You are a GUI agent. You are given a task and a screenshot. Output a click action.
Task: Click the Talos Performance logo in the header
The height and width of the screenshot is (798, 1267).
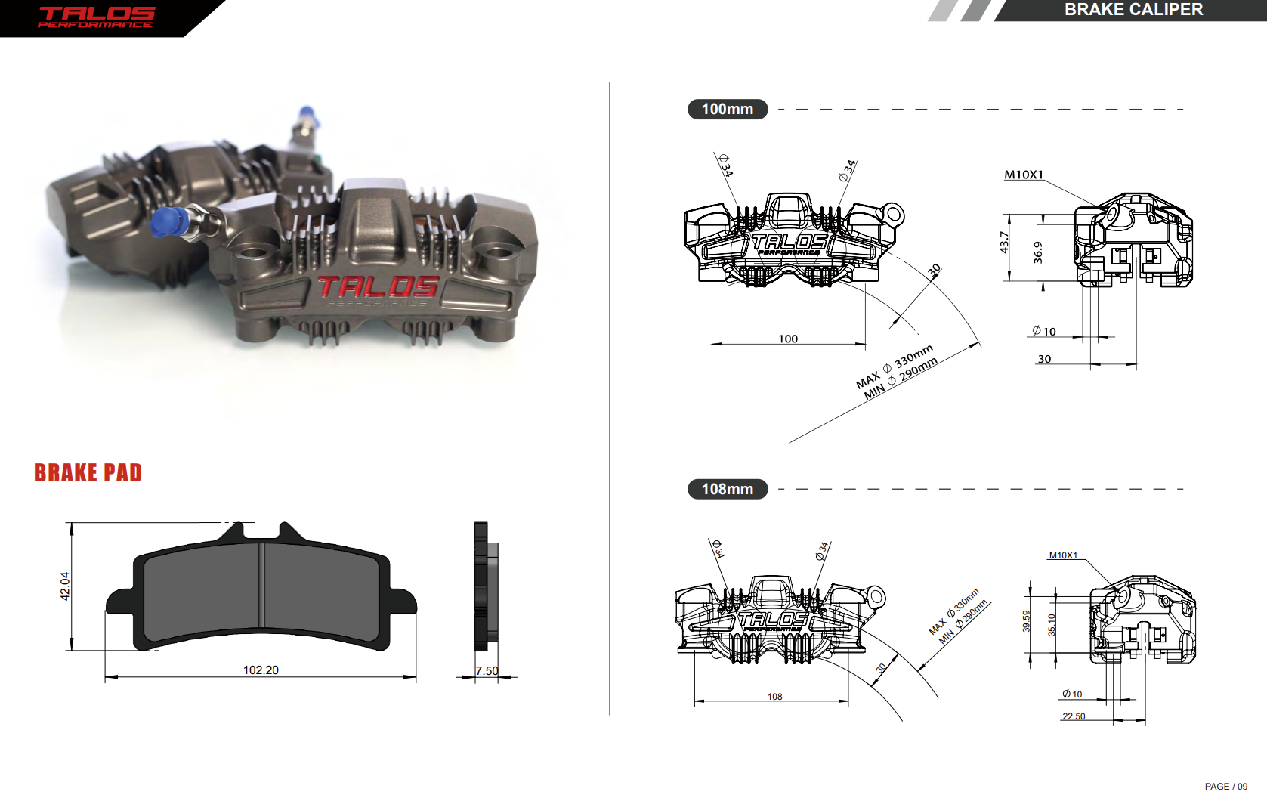point(96,17)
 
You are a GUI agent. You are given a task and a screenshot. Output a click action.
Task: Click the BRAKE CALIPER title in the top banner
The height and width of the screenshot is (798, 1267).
point(1133,10)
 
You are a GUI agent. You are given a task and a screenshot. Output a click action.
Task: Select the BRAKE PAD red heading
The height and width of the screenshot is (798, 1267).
point(88,473)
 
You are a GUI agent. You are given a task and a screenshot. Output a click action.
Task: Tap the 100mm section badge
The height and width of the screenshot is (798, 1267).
point(727,109)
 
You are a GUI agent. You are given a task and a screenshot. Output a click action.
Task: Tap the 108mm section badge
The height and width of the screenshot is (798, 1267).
point(727,489)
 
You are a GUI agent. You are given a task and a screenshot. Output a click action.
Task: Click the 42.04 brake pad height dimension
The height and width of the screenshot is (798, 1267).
point(65,586)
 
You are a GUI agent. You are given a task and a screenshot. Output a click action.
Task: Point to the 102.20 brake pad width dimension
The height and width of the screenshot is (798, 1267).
point(261,670)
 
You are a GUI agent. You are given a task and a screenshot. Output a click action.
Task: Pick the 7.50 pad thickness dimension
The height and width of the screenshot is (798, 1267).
point(487,671)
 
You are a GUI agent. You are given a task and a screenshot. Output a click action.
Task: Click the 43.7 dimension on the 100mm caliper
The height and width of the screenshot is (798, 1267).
point(1004,242)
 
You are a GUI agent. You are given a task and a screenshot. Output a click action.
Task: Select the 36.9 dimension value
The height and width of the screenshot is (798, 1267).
point(1038,252)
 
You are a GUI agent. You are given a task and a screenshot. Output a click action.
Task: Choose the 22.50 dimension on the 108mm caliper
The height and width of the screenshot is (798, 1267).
point(1074,716)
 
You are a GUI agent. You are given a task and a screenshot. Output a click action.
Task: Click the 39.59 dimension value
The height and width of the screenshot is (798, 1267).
point(1026,621)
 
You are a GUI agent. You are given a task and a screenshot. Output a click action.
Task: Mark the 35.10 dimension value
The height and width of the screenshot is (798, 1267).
point(1052,624)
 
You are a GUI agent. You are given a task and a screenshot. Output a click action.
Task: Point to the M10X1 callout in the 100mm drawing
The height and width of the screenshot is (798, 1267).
point(1024,175)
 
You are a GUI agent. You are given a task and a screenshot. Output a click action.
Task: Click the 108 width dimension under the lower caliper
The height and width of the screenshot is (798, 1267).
point(774,697)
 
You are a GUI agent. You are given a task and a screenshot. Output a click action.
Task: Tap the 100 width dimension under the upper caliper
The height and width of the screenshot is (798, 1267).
point(788,339)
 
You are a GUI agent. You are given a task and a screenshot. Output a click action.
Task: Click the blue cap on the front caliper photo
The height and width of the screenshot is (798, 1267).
point(168,222)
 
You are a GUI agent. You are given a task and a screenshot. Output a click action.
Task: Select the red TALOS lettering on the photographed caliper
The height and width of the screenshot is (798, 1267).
point(378,286)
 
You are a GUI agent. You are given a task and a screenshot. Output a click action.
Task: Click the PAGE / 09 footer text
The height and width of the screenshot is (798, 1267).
point(1225,787)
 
